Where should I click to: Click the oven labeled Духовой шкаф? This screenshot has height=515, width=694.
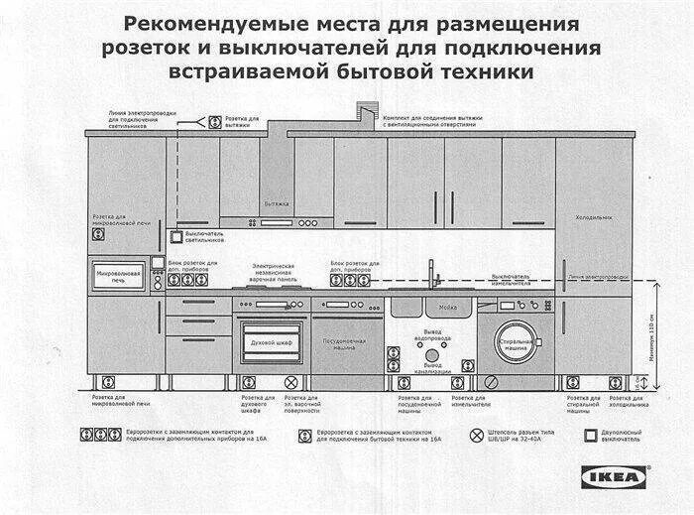tap(271, 341)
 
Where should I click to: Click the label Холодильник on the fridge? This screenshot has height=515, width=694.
tap(594, 217)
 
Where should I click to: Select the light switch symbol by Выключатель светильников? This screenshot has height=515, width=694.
tap(176, 237)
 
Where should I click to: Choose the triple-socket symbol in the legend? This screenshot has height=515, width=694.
tap(101, 435)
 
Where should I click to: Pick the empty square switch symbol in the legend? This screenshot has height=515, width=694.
tap(591, 435)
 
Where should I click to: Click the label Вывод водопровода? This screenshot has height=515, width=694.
tap(432, 335)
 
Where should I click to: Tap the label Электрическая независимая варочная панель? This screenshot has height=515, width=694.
tap(274, 273)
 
